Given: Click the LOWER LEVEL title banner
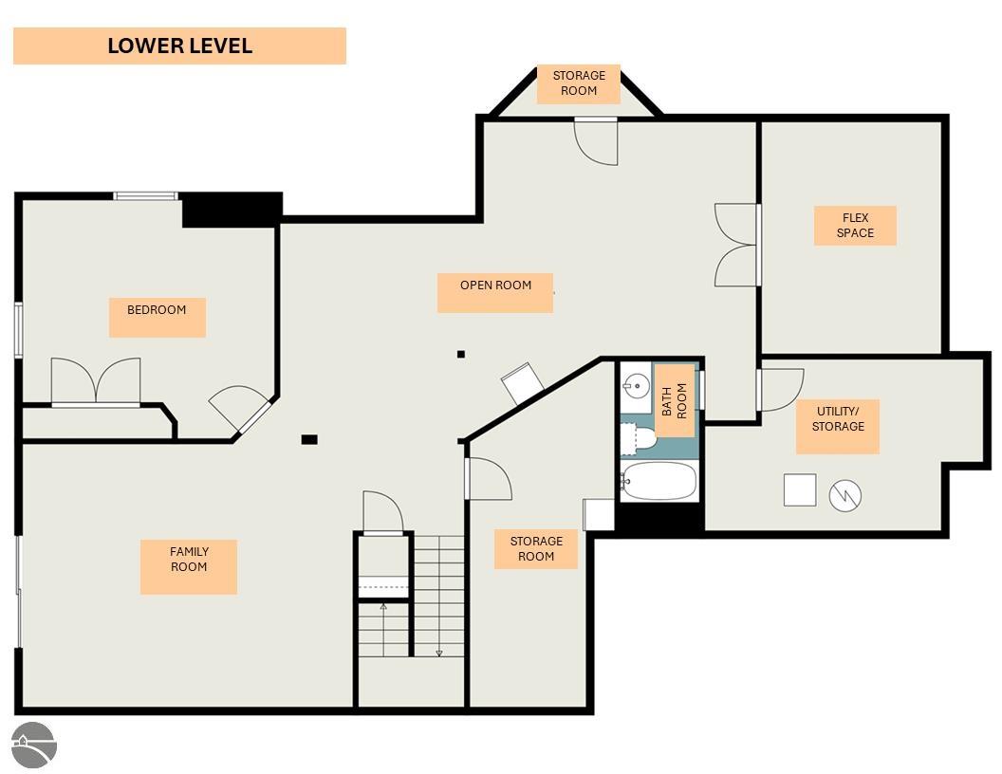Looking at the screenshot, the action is (x=179, y=46).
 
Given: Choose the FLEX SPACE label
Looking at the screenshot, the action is (x=855, y=226).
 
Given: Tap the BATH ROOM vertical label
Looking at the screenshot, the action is (x=675, y=401).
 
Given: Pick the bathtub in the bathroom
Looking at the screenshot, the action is (x=659, y=481).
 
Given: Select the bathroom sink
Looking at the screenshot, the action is (x=636, y=386).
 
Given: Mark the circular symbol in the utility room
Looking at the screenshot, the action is (x=844, y=495).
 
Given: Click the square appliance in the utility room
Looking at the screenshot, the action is (x=800, y=489).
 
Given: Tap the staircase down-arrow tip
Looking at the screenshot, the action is (x=439, y=655).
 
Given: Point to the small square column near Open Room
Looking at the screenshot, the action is (x=461, y=355).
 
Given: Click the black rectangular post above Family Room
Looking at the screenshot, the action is (x=309, y=439).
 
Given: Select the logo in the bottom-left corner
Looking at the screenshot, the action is (x=35, y=746).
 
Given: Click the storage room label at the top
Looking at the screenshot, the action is (x=578, y=83).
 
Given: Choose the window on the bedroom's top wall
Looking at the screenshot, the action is (x=146, y=196).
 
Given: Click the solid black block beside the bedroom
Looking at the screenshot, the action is (x=232, y=211).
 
